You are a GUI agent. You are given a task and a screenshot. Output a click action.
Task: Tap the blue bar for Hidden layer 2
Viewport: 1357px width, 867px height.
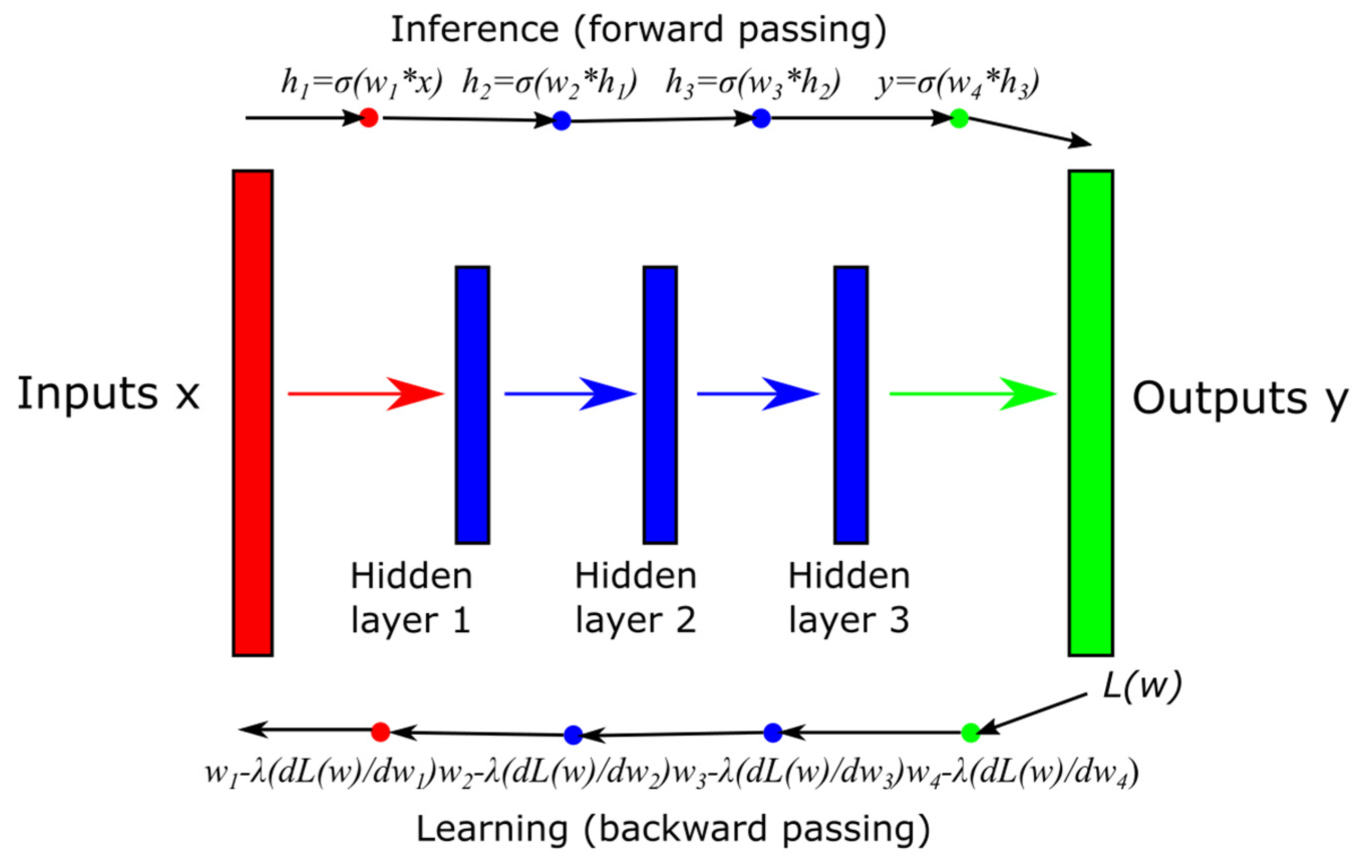pos(660,405)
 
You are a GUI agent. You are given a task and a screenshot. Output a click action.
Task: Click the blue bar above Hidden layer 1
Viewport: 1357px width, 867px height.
pos(472,405)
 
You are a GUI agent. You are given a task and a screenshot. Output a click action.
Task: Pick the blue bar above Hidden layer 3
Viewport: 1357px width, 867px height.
pos(851,405)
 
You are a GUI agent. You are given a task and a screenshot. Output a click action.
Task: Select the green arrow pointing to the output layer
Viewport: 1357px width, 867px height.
pos(971,393)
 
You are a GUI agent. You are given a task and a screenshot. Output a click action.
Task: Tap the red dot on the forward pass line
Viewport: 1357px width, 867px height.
pos(369,118)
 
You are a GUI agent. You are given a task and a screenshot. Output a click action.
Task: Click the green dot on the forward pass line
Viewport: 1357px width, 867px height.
pos(959,118)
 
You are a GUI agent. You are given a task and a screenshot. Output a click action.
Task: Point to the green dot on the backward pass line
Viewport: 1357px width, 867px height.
pos(970,732)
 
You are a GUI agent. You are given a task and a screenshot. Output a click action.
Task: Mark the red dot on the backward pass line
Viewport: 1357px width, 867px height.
pos(381,732)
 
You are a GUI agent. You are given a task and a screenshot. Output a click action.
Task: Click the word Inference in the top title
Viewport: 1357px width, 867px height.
pos(474,29)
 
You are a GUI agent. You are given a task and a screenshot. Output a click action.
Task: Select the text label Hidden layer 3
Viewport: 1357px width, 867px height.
pos(849,598)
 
